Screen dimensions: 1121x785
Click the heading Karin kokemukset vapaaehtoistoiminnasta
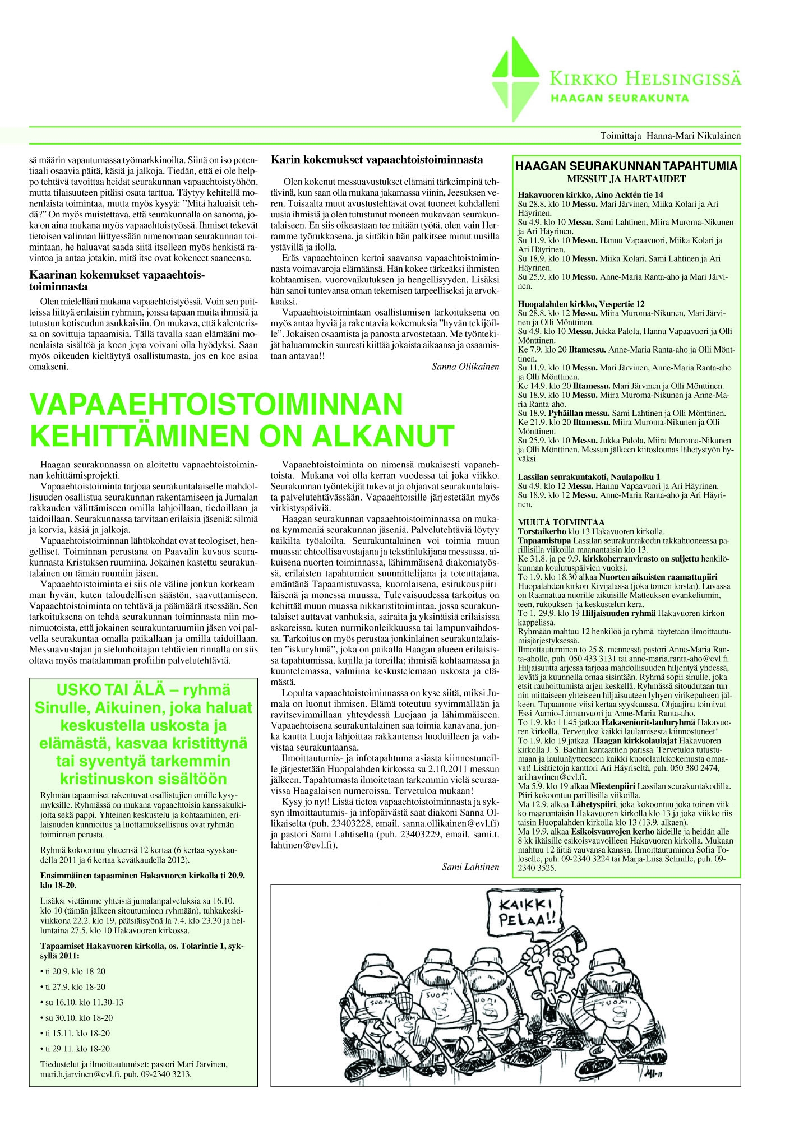pyautogui.click(x=377, y=160)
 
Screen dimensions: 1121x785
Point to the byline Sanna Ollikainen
pyautogui.click(x=465, y=367)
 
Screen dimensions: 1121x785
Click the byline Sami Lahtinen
pyautogui.click(x=471, y=867)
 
